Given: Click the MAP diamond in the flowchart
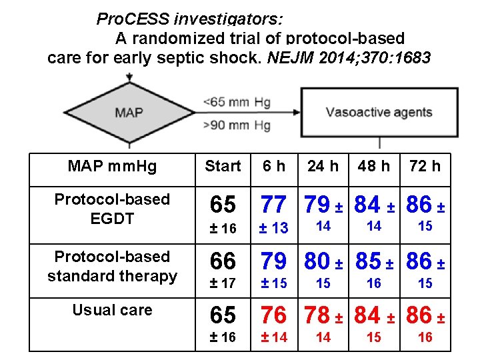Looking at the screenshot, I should click(x=129, y=112).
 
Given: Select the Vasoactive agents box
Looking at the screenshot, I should click(x=379, y=112).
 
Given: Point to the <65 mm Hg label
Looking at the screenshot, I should click(x=236, y=101).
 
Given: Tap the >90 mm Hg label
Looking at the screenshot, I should click(x=236, y=124).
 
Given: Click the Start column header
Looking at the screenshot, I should click(x=223, y=166).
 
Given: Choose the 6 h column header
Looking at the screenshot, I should click(x=273, y=166).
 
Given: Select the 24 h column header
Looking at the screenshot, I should click(x=323, y=166).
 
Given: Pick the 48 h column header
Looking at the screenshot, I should click(x=374, y=166).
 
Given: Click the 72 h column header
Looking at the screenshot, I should click(x=425, y=166).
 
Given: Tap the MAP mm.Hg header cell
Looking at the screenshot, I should click(x=112, y=166).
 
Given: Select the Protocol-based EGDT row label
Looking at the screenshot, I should click(x=112, y=208).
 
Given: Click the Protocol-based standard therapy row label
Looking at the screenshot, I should click(x=112, y=266).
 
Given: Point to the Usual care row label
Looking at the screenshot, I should click(x=112, y=310).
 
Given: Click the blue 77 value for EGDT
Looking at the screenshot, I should click(x=273, y=204).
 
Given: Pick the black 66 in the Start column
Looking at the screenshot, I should click(x=223, y=261).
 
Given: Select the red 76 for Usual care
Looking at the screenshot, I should click(x=273, y=315).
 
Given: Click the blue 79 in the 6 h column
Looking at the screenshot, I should click(x=273, y=261).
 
